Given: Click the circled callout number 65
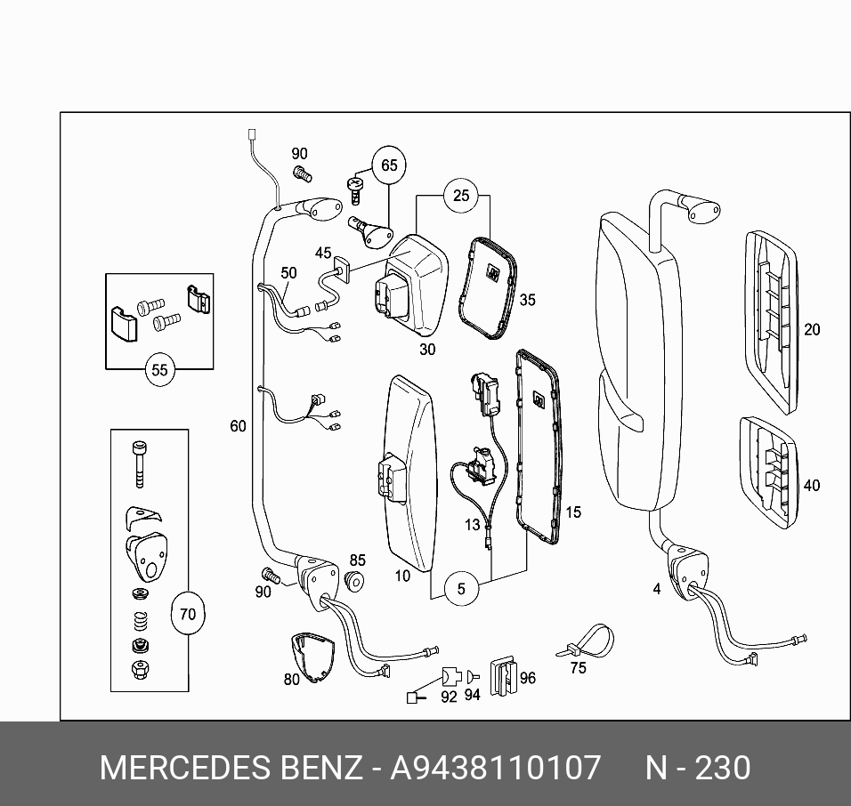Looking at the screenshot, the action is coord(389,165).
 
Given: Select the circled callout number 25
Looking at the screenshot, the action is coord(460,196).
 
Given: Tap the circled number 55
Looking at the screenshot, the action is coord(159,370).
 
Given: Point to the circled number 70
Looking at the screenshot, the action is coord(187,614).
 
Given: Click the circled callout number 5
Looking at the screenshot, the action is coord(461,588).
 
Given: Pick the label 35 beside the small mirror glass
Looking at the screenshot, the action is coord(528,301).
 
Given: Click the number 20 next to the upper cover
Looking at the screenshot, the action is coord(812,330).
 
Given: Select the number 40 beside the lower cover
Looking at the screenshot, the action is coord(812,486).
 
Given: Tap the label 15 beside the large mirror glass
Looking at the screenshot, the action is coord(573,512).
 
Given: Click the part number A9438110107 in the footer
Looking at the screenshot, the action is coord(496,768).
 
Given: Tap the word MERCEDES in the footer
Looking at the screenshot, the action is coord(175,768).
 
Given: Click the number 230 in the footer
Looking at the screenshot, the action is coord(722,768).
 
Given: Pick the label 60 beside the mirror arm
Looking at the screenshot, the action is coord(238,427).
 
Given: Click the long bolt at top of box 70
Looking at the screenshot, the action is coord(138,462).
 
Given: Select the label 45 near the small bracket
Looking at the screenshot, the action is coord(322,254).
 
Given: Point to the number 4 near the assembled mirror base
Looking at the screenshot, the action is coord(657,589).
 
